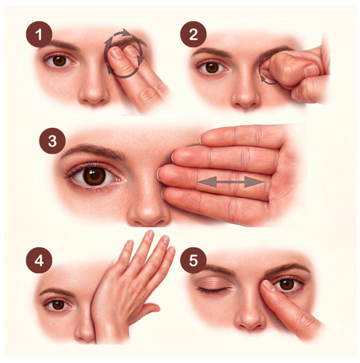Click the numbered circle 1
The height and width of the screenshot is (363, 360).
39,34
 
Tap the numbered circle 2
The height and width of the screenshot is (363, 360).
193,34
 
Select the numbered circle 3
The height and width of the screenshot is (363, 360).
52,141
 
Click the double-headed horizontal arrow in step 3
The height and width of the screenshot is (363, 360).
231,182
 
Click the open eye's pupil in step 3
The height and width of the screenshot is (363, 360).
94,175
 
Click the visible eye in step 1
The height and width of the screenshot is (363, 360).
60,60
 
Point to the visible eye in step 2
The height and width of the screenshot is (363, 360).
211,67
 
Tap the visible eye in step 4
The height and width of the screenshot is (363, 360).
58,305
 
